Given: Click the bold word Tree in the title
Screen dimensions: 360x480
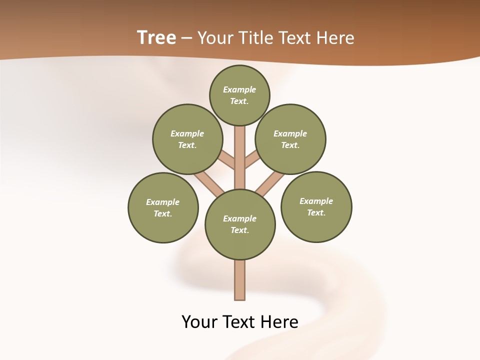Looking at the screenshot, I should (156, 38).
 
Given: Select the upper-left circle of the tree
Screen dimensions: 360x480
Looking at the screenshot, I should (187, 139).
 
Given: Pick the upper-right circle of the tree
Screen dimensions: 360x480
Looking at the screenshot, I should (290, 139).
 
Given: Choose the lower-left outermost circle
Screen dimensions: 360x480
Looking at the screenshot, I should (163, 208).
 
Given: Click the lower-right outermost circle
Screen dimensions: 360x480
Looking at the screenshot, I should (316, 207).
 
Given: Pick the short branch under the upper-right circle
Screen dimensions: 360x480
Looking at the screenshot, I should (251, 160).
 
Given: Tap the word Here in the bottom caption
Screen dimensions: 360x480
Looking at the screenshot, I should (280, 322).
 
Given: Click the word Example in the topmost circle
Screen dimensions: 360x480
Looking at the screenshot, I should (239, 90).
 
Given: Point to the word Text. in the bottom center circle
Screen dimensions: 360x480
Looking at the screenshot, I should (240, 230).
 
